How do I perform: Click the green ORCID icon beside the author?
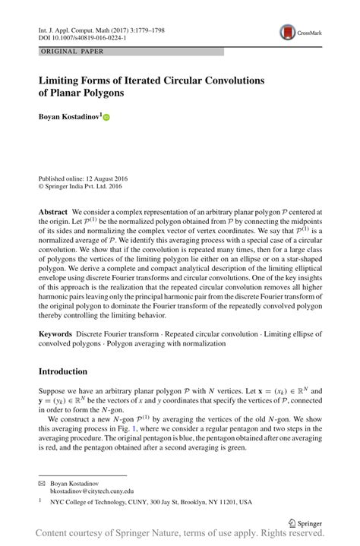[x=106, y=118]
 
